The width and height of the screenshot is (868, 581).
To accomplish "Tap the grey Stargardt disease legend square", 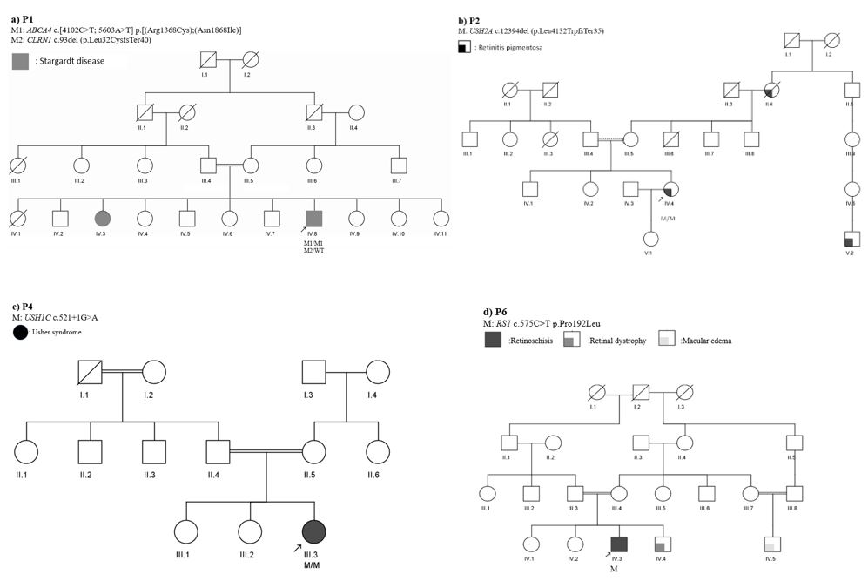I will click(x=20, y=60).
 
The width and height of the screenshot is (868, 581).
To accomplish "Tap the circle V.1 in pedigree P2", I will click(x=649, y=239).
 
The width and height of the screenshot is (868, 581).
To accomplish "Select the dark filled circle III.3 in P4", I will click(x=314, y=530).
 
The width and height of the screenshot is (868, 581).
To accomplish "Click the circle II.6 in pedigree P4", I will click(x=378, y=452).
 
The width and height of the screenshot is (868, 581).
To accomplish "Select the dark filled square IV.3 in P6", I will click(x=617, y=544).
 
